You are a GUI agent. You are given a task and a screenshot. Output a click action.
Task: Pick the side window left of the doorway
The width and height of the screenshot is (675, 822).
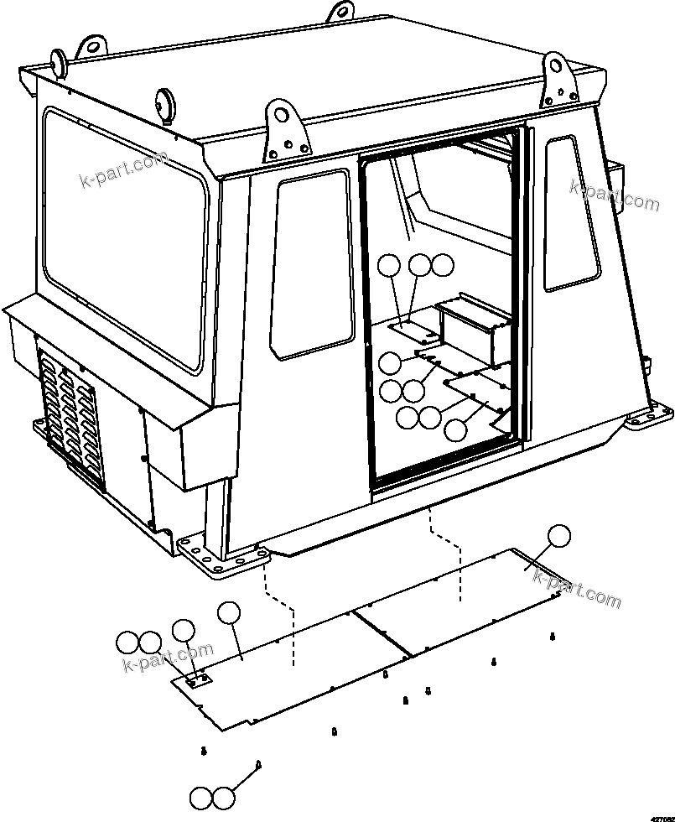(x=310, y=264)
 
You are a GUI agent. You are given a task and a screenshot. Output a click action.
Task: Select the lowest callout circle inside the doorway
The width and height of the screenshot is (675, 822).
(x=454, y=430)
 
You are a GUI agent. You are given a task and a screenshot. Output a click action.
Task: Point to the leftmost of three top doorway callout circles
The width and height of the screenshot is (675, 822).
(x=388, y=267)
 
